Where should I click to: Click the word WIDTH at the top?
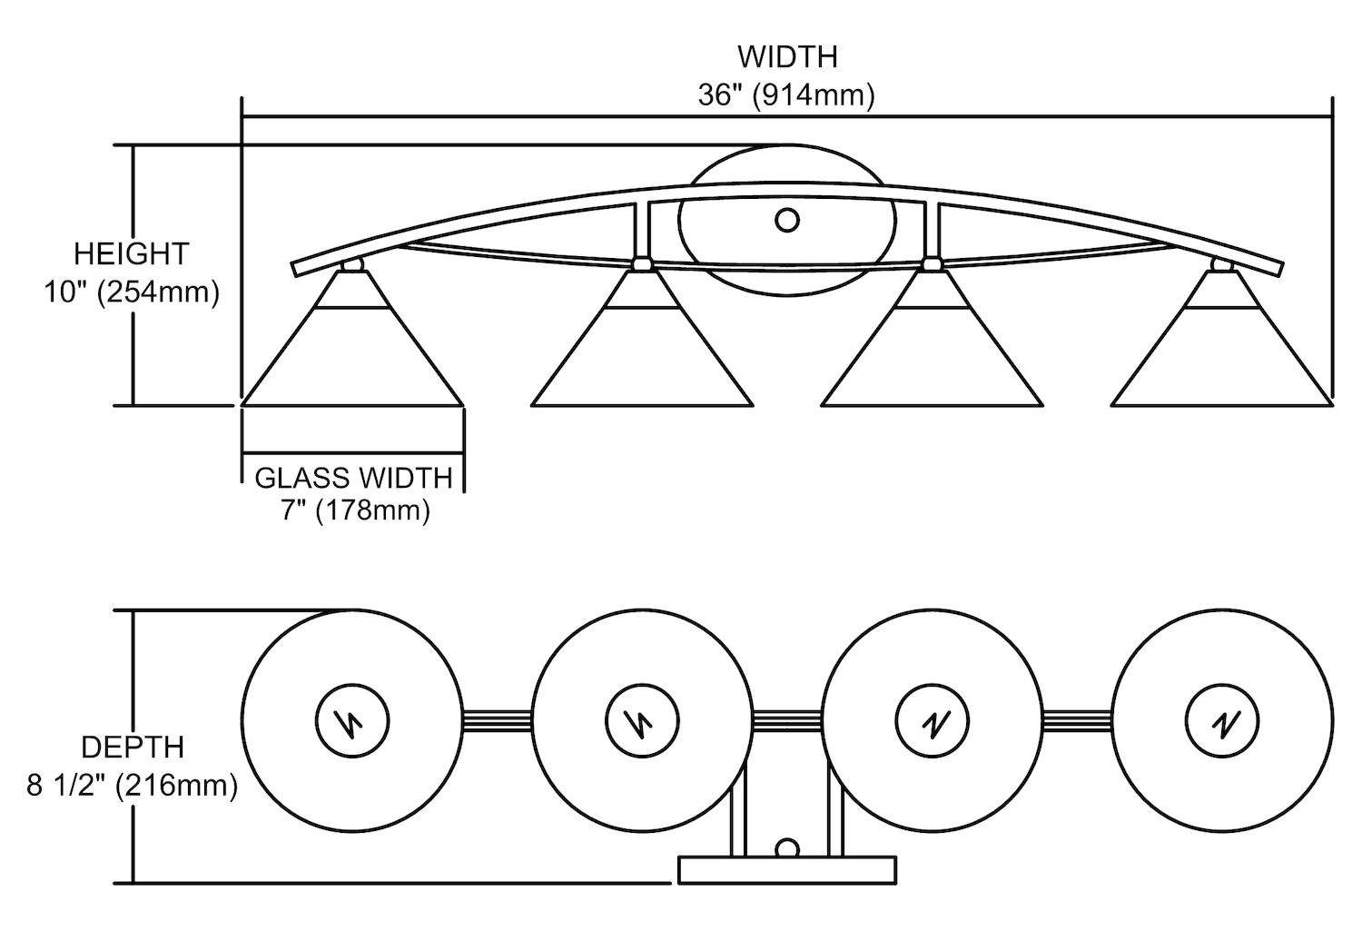(786, 56)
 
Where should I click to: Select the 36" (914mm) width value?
(786, 94)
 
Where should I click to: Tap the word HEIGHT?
(131, 253)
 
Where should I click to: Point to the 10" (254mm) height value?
(131, 292)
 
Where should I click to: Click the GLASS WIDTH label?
(353, 478)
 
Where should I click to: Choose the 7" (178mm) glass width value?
(353, 510)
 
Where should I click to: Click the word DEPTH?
(133, 747)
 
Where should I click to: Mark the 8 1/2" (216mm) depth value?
(133, 785)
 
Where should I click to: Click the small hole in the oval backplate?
(786, 220)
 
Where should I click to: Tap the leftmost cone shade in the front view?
(353, 354)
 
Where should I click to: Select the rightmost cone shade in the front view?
(1222, 354)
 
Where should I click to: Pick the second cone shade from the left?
(642, 354)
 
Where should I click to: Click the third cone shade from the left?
(932, 354)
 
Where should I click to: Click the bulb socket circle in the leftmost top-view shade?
(351, 721)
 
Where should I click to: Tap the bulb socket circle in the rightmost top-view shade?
(1222, 721)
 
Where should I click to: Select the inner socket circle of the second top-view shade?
(642, 721)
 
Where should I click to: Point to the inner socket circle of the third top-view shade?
(932, 721)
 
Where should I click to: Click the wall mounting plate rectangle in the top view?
(786, 869)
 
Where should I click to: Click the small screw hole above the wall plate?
(786, 848)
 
